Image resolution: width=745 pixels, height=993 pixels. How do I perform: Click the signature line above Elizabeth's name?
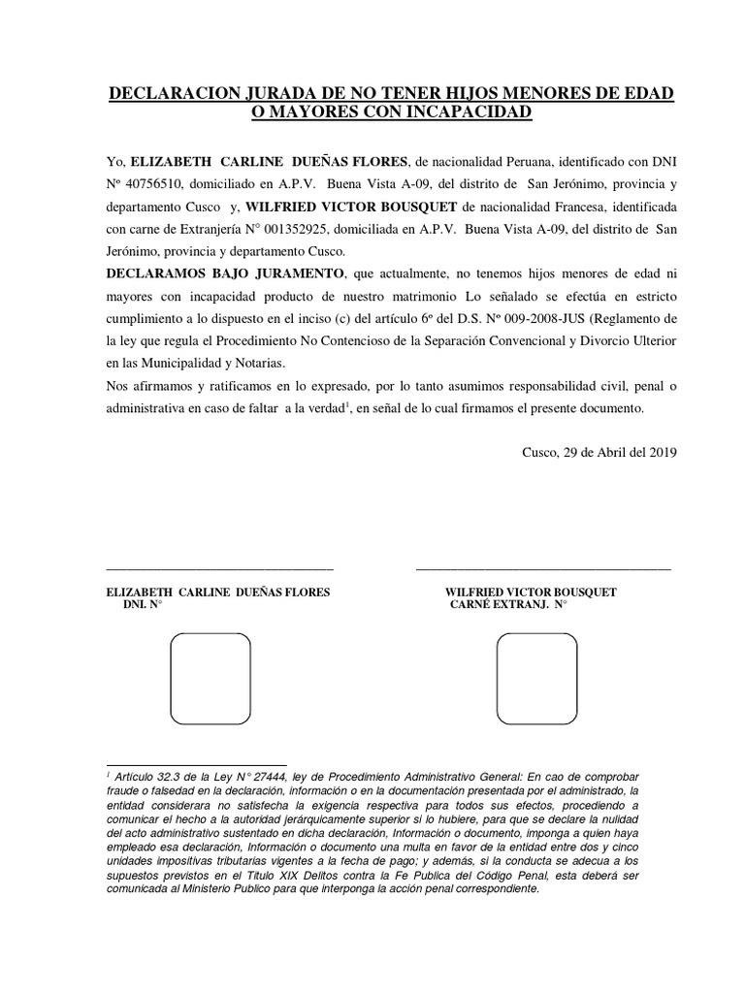coord(218,568)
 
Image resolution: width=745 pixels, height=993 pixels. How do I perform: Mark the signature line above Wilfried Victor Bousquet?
coord(542,568)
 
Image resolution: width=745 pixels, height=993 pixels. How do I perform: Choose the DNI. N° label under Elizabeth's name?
coord(142,604)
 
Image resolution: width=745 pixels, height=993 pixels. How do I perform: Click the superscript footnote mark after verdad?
coord(347,404)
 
